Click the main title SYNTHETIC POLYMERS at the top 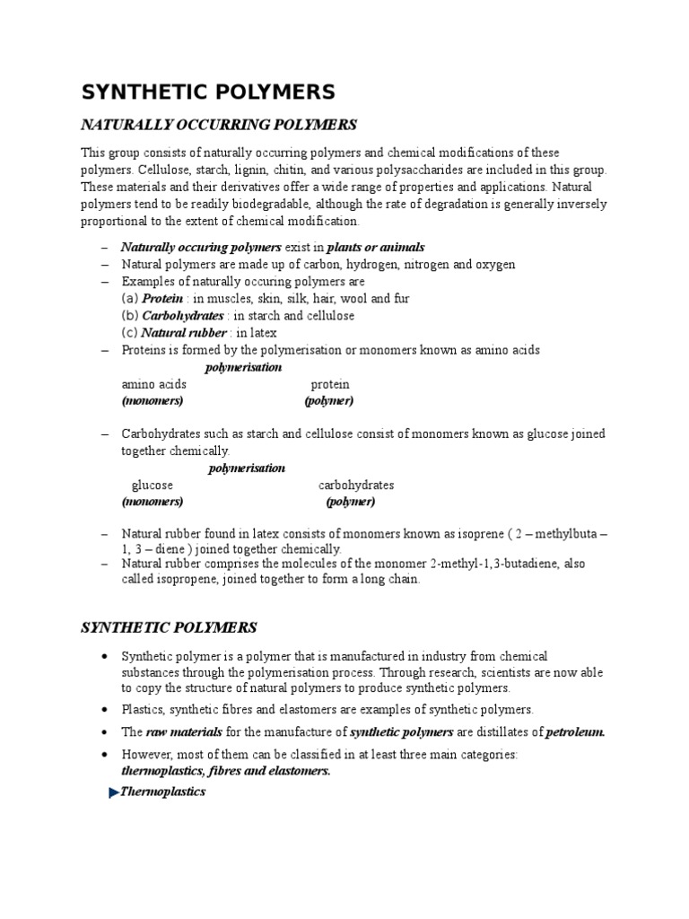pos(208,92)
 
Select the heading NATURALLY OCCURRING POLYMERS pos(219,124)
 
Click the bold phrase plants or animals pos(376,247)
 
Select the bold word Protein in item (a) pos(162,298)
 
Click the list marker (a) pos(130,298)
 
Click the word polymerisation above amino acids pos(243,368)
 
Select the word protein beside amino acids pos(330,384)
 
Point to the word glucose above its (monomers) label pos(152,486)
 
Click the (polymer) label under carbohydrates pos(350,502)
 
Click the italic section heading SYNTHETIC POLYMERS pos(169,626)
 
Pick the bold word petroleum pos(575,731)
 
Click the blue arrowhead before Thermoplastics pos(113,792)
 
